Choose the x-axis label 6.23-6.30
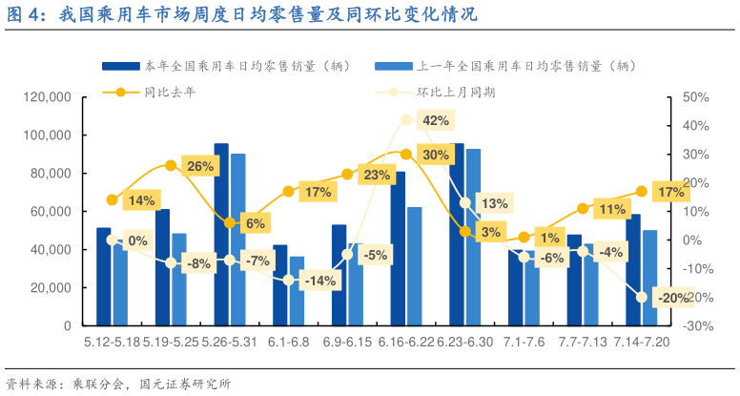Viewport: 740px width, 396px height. [465, 342]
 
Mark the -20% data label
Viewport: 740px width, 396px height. [674, 298]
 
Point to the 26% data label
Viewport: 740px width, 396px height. [200, 166]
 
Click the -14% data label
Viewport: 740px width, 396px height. [317, 281]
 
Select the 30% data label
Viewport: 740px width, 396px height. [436, 155]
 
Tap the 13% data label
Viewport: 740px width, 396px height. [494, 203]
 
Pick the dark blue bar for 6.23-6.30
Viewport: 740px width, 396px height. [457, 234]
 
